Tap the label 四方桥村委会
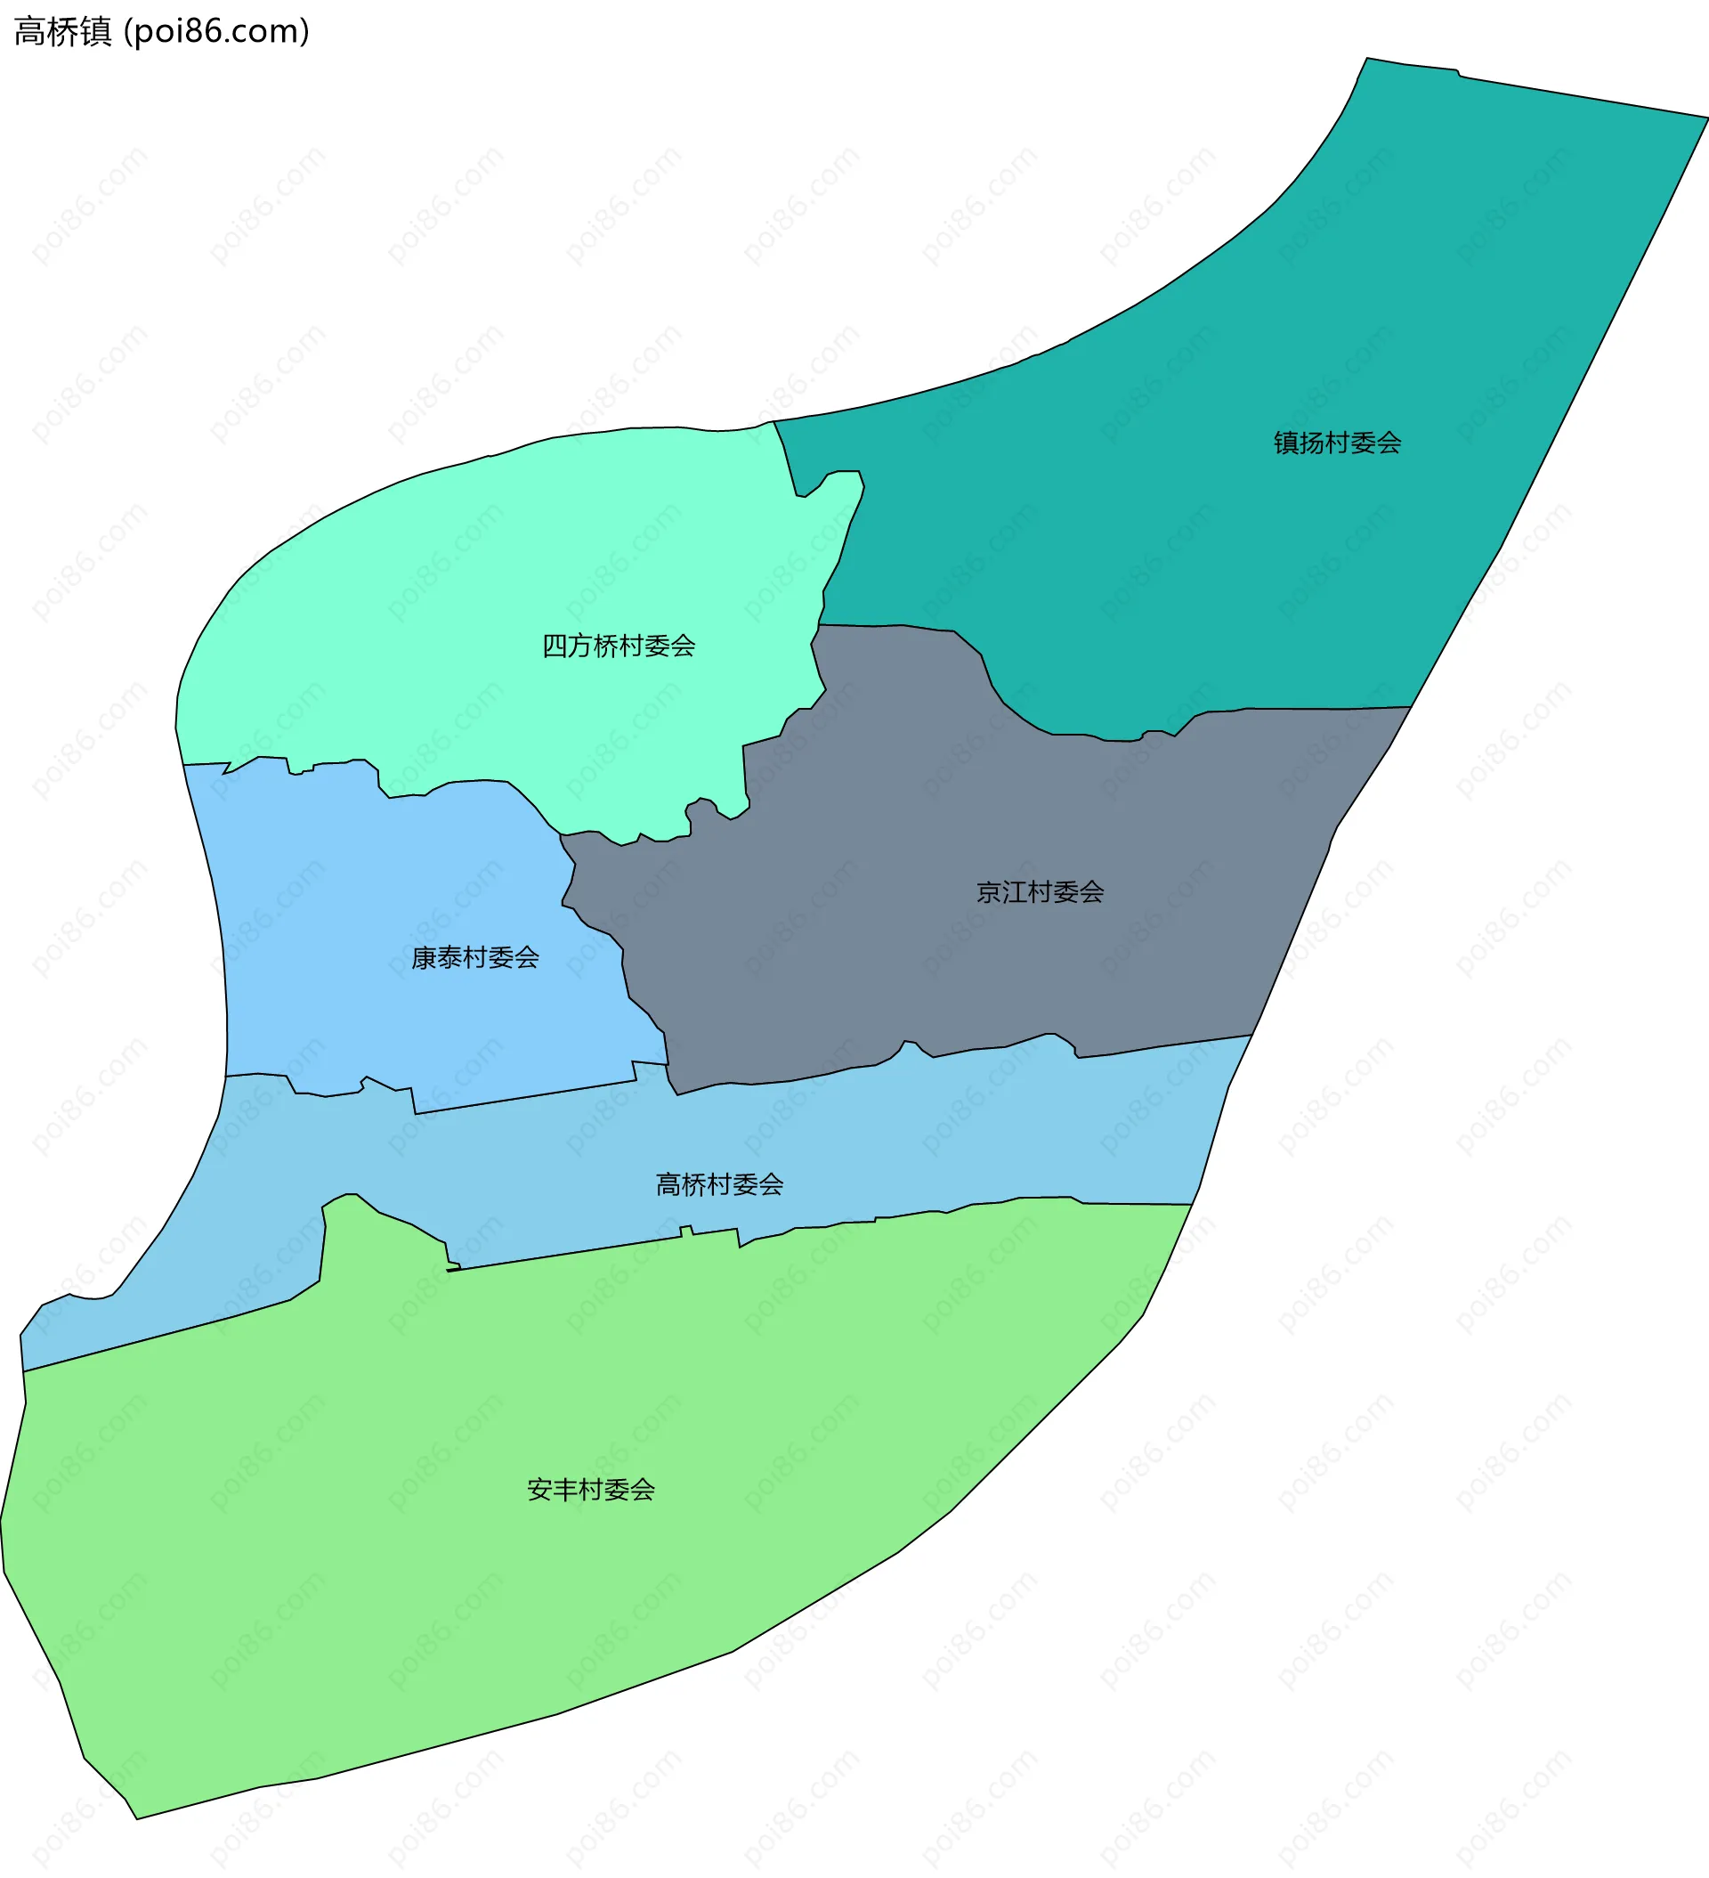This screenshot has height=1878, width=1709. [619, 646]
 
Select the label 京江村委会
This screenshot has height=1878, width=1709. [1040, 892]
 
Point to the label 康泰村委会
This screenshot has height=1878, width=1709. [475, 957]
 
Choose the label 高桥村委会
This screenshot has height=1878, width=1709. [719, 1185]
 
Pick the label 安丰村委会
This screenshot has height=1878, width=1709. [590, 1490]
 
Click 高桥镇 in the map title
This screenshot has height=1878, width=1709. [63, 32]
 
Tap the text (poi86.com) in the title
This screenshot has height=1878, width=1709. [216, 32]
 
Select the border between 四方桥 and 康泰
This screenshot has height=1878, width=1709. [466, 781]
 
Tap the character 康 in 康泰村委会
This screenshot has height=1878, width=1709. [424, 957]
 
